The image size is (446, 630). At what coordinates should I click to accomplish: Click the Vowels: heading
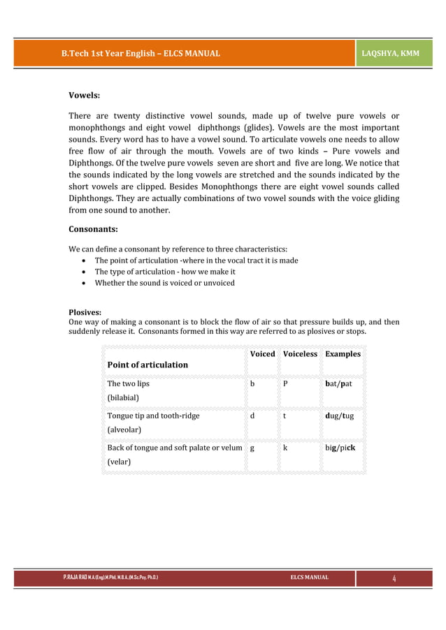coord(84,94)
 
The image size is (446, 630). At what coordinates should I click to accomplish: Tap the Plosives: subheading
coord(85,312)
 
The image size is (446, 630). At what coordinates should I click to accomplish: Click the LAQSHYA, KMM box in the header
coord(395,53)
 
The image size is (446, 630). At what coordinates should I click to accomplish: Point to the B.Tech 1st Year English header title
coord(141,53)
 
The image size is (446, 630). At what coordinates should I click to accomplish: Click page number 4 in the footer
coord(394,578)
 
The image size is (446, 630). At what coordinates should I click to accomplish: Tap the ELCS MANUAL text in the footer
coord(309,578)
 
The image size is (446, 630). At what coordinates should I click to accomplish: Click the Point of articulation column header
coord(148,365)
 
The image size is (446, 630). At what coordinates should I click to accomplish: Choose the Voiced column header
coord(262,354)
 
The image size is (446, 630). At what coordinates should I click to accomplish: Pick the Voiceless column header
coord(300,354)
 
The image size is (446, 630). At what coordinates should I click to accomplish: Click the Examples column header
coord(343,354)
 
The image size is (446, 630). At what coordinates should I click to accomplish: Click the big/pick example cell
coord(340,447)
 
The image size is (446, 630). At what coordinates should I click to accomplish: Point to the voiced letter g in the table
coord(252,448)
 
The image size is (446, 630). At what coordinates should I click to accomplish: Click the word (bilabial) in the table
coord(123,398)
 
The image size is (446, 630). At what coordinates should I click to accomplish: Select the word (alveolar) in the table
coord(124,430)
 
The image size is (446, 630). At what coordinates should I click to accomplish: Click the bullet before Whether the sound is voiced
coord(84,284)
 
